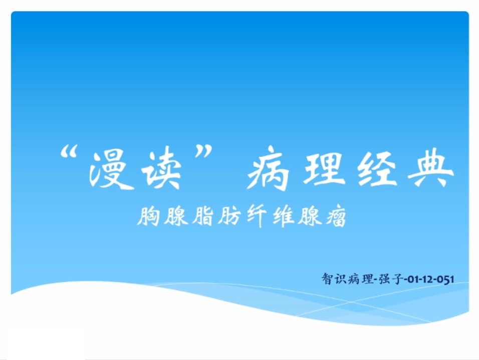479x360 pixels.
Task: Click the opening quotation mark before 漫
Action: click(68, 151)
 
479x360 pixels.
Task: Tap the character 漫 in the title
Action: click(110, 170)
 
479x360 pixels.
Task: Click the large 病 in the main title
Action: click(268, 169)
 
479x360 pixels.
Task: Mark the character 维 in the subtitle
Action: click(283, 216)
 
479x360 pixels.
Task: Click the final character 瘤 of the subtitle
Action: click(335, 216)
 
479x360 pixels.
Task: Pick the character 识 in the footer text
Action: click(340, 279)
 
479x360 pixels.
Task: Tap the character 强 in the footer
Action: click(383, 279)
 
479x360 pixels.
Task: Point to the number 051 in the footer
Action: click(445, 279)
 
